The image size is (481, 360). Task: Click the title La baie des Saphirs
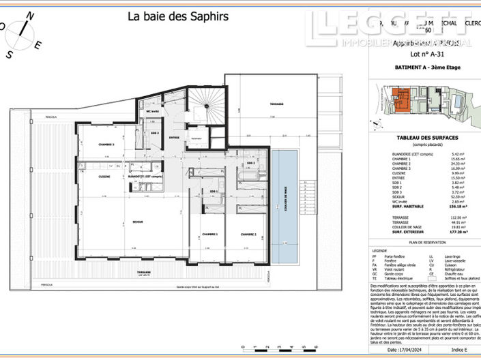tap(178, 16)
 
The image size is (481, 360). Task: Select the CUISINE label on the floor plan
tap(89, 176)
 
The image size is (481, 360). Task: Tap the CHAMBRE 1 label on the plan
tap(209, 234)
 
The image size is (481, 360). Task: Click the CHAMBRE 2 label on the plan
tap(248, 234)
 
